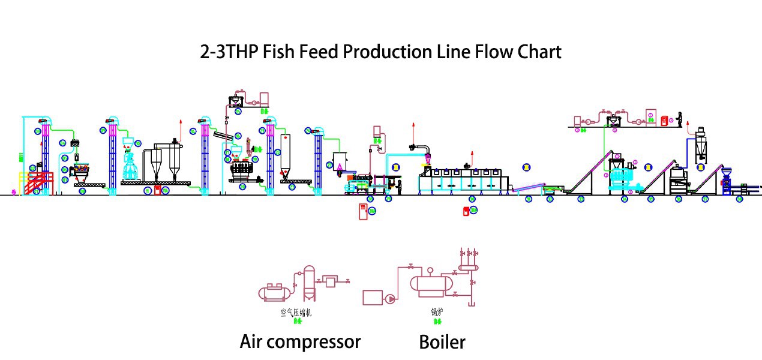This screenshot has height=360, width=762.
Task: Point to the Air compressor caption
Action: pyautogui.click(x=300, y=342)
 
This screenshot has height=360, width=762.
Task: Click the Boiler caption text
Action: pyautogui.click(x=442, y=342)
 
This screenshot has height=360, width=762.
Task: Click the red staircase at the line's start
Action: pyautogui.click(x=37, y=182)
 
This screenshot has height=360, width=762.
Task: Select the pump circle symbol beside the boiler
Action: pyautogui.click(x=391, y=298)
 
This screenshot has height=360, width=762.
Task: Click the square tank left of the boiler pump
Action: pyautogui.click(x=373, y=298)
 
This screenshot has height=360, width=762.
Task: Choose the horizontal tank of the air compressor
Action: pyautogui.click(x=276, y=292)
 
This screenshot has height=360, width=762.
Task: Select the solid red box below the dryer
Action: pyautogui.click(x=466, y=211)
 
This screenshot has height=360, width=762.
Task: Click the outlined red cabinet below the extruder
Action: pyautogui.click(x=362, y=212)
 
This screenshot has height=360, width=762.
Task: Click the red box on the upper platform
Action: pyautogui.click(x=664, y=121)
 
